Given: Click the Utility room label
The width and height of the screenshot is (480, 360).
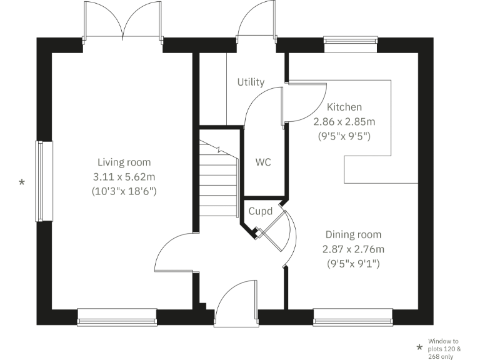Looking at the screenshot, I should coord(251,82).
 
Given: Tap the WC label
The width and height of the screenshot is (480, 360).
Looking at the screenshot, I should coord(263,162).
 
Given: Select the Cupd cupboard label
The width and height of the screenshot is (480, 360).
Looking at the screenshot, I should coord(261,212).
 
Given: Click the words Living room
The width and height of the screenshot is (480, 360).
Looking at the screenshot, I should coord(123,162).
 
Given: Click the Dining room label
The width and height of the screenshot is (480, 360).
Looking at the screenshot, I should coord(353,235).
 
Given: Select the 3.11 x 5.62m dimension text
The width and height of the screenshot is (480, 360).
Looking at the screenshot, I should coord(123,177).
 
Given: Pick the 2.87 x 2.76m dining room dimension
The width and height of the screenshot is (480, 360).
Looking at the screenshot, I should coord(353,249).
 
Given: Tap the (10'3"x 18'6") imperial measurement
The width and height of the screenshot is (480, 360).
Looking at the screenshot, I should coord(123,191).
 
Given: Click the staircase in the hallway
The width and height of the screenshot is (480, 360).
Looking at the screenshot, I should coord(219,178).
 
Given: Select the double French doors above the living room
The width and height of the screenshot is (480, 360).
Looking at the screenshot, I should coord(123,25).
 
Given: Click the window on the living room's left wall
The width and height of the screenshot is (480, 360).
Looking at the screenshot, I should coord(39,181).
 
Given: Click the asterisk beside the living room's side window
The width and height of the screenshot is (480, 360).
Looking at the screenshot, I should coord(22,182).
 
